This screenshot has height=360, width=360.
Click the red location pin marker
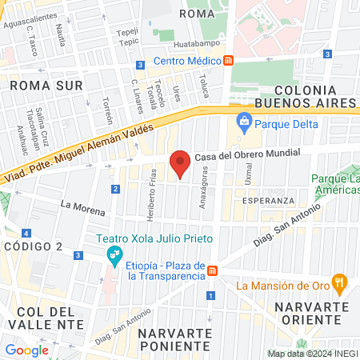tap(181, 163)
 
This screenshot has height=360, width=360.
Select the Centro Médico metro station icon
tap(229, 61)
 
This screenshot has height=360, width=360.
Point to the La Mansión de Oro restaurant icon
tap(340, 282)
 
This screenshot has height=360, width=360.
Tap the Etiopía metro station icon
tap(213, 271)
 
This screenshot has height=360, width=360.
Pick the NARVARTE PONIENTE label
tap(174, 340)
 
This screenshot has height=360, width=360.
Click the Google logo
tap(26, 350)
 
